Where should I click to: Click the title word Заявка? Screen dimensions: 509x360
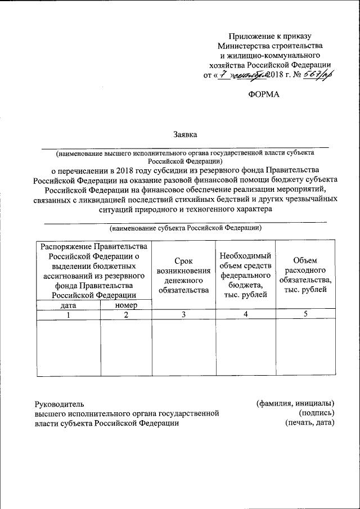click(x=184, y=134)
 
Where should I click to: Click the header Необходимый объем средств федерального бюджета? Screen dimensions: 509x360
click(x=245, y=276)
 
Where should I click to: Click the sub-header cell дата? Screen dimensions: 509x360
click(x=68, y=305)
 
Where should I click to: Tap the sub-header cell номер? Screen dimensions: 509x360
click(x=126, y=305)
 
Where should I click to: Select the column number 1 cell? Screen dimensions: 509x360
click(x=68, y=315)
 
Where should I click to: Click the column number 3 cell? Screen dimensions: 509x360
click(x=184, y=315)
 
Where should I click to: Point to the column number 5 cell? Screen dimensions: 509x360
click(x=305, y=315)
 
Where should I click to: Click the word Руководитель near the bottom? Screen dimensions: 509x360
click(x=59, y=403)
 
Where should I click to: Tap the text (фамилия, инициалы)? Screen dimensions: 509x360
click(x=295, y=403)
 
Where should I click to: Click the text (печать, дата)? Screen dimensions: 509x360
click(x=309, y=423)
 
